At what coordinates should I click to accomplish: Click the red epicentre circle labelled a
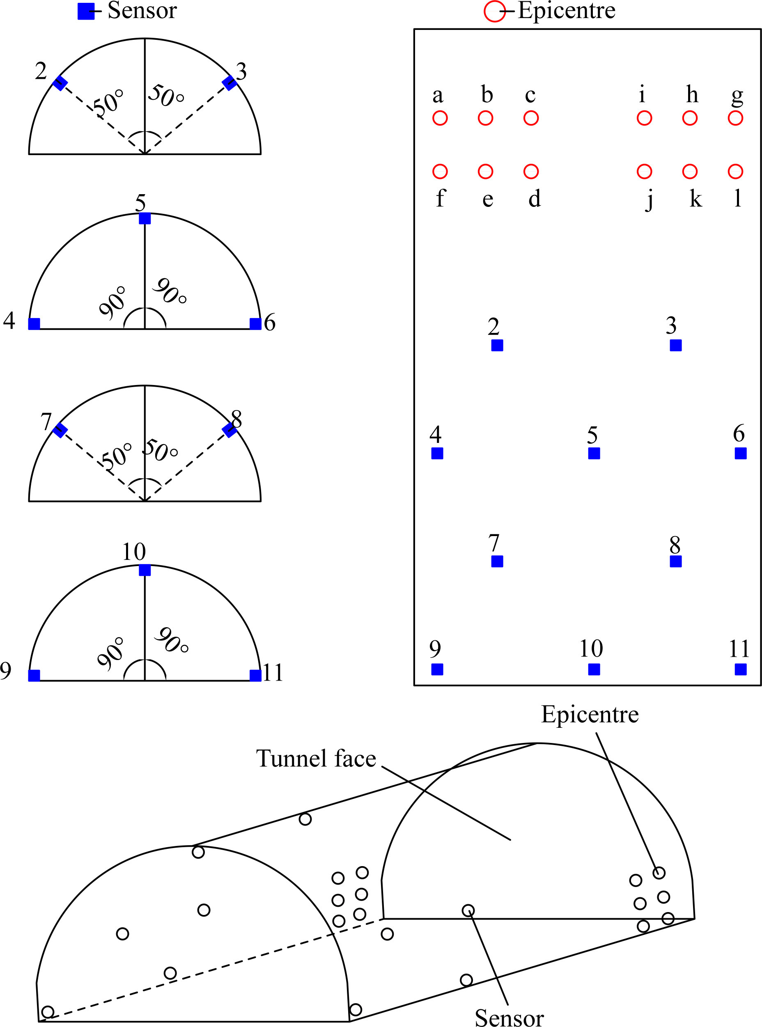pos(440,118)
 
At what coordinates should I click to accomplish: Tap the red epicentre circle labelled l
pos(735,172)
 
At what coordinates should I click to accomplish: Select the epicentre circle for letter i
pos(644,118)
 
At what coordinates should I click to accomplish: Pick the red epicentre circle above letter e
pos(485,172)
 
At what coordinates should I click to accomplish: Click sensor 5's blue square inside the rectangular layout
pos(594,453)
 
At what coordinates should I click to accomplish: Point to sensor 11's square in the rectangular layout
pos(740,669)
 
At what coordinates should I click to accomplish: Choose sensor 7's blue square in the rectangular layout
pos(497,561)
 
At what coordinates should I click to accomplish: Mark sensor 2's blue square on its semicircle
pos(60,83)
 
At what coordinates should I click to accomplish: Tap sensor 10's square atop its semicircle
pos(145,570)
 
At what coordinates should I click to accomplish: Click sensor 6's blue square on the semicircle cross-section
pos(255,324)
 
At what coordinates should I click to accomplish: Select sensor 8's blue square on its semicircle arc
pos(229,430)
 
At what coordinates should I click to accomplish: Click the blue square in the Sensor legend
pos(86,11)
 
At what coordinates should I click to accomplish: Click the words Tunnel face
pos(316,759)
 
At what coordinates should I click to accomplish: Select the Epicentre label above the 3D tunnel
pos(590,714)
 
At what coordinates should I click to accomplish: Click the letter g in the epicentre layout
pos(737,96)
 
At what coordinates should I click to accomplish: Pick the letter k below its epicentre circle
pos(695,199)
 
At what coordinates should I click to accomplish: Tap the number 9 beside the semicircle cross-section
pos(6,671)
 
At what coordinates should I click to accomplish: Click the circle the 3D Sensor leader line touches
pos(468,910)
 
